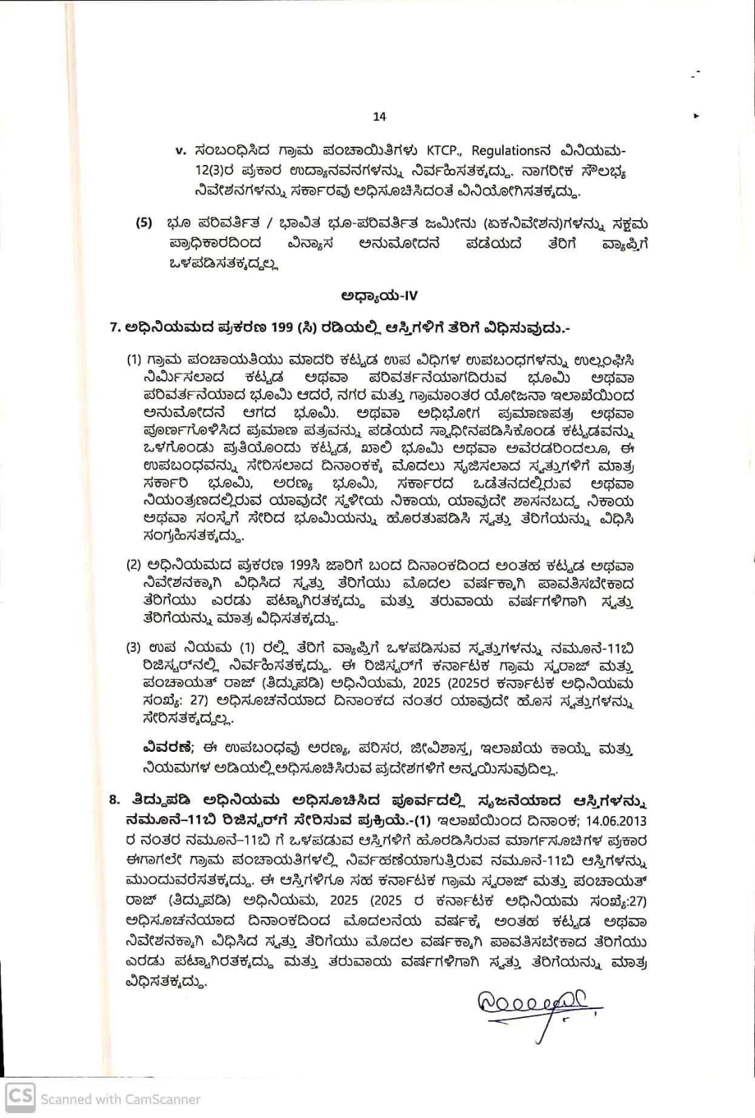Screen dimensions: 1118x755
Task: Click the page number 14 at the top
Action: [x=379, y=117]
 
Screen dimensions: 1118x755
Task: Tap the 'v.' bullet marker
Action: [x=180, y=150]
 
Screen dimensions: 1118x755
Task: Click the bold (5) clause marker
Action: [x=143, y=224]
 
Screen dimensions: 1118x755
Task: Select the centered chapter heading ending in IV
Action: [x=379, y=296]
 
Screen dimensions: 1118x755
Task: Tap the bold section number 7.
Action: [x=115, y=327]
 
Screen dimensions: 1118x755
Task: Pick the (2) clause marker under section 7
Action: [x=133, y=565]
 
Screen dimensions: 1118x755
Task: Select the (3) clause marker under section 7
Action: [x=133, y=648]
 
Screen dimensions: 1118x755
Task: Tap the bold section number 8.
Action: [x=115, y=800]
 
